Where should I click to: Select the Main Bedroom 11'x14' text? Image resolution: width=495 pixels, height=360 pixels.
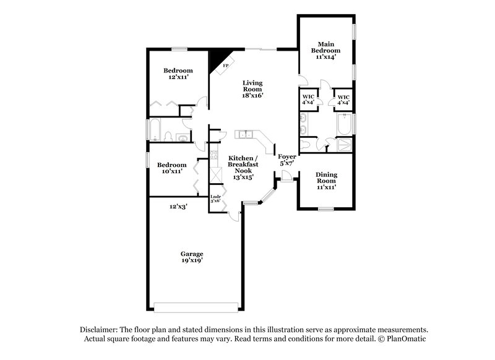[x=326, y=50]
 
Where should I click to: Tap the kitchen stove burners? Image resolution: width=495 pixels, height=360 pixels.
[x=214, y=158]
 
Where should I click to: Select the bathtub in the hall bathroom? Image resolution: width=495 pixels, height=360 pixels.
[x=157, y=130]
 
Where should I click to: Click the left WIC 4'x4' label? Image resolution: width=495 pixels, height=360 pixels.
[x=308, y=100]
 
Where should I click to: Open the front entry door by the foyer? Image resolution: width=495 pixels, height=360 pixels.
[x=286, y=179]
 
